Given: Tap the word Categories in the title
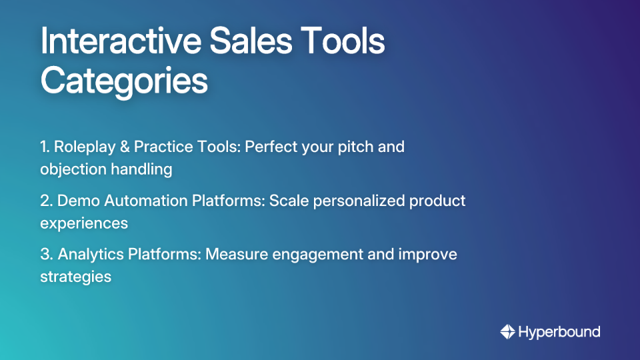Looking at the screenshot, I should (124, 82).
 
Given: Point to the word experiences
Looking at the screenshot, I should (84, 223).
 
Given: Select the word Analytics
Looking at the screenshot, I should (89, 253).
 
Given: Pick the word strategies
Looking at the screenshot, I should (75, 276).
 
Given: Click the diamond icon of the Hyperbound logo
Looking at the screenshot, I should (507, 331).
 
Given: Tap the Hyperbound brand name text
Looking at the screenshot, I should (559, 331).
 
